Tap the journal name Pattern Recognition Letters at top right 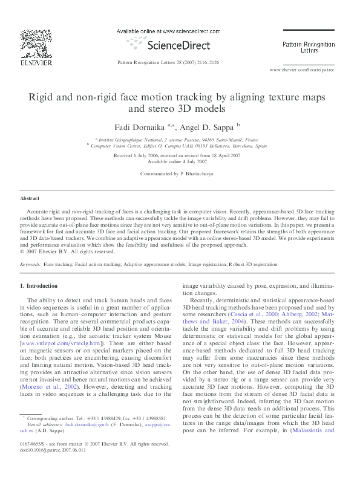[309, 47]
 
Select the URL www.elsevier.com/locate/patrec [302, 70]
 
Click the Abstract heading [30, 198]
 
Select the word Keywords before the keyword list [30, 265]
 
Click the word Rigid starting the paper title [42, 97]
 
